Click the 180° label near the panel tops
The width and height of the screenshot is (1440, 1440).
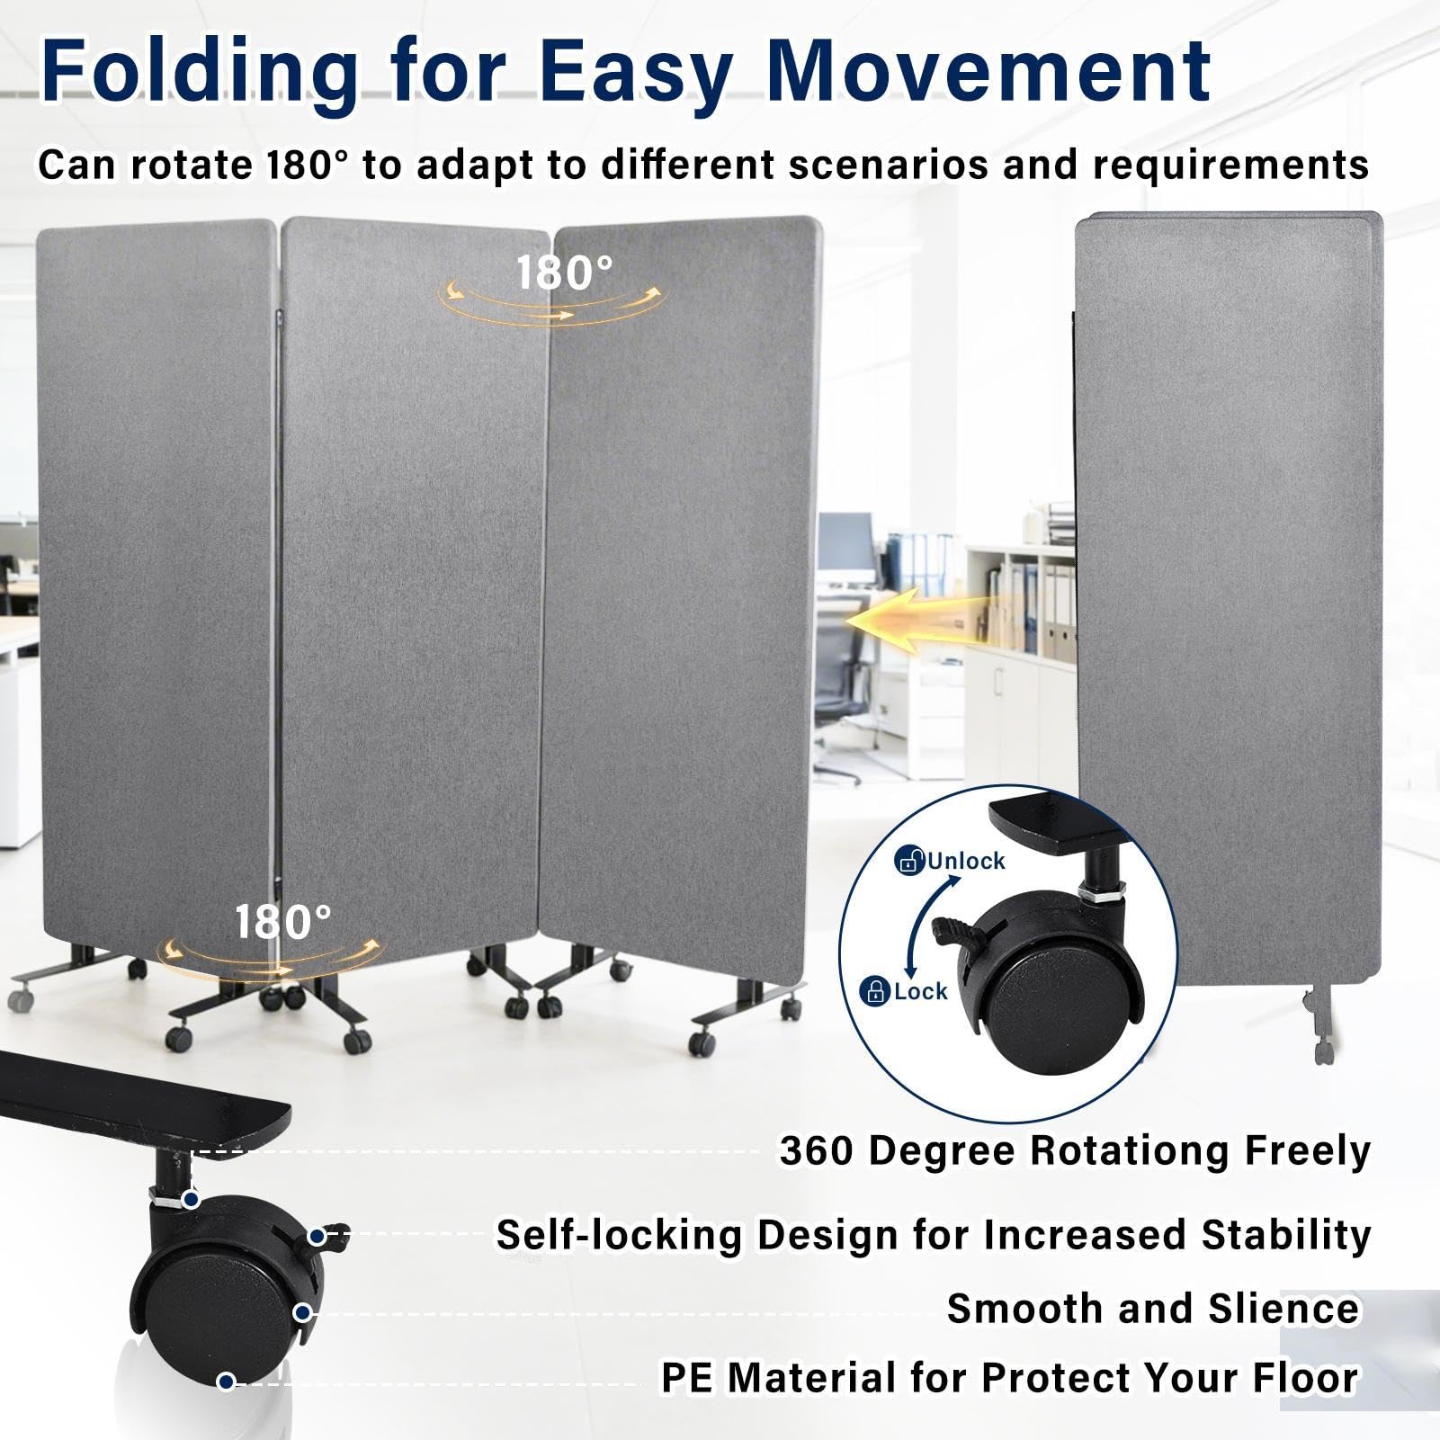[x=564, y=273]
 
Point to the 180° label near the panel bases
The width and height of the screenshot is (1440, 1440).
[x=283, y=922]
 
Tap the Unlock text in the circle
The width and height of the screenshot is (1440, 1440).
[x=965, y=861]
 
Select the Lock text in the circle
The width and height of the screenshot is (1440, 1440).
[x=920, y=991]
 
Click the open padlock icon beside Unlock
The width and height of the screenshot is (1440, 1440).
[x=909, y=860]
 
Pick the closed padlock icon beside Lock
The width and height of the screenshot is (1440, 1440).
[x=875, y=991]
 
